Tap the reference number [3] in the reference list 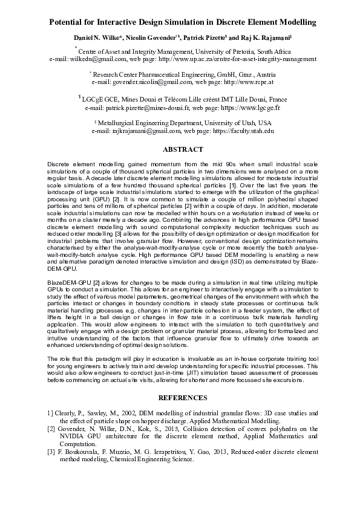pos(51,451)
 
